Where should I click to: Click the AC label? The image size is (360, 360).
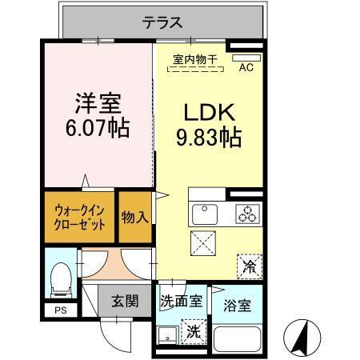[247, 69]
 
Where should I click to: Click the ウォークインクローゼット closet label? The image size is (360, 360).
[80, 217]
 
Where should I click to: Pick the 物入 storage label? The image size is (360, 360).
[135, 216]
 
